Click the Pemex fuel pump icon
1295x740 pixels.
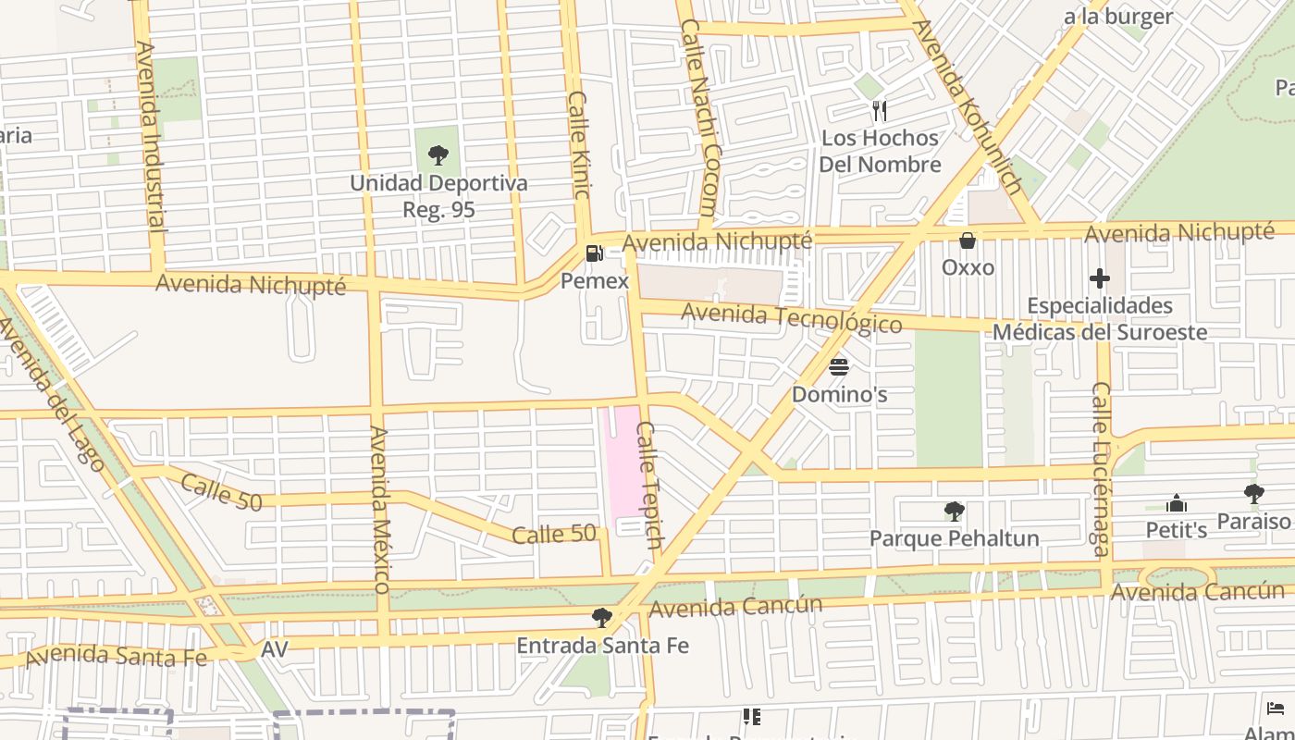coord(594,253)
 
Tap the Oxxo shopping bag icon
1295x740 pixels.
coord(968,241)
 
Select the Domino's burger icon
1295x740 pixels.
coord(839,367)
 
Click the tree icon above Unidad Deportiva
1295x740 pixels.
coord(438,154)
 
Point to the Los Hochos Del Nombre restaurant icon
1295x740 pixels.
coord(880,111)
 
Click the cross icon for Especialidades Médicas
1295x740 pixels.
coord(1099,277)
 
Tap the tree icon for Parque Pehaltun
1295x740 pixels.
coord(954,511)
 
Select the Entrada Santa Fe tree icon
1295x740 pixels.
coord(602,617)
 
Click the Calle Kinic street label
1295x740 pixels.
coord(578,144)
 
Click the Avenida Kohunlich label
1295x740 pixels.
coord(968,106)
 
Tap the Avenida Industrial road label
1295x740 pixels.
coord(151,134)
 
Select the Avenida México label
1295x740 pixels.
coord(380,509)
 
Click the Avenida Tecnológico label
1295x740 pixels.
coord(791,318)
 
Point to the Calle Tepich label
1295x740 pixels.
coord(649,485)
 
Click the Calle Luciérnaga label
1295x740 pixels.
coord(1101,469)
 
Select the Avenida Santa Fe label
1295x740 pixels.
coord(116,656)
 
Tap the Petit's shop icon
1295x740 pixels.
coord(1177,504)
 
